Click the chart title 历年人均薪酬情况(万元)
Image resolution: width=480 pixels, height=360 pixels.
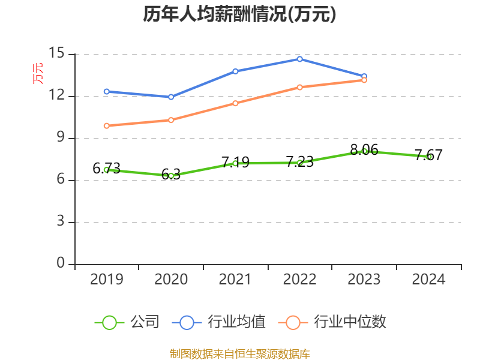tap(239, 14)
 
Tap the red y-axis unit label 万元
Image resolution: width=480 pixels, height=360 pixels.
tap(38, 73)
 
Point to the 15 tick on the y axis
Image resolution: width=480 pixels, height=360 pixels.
tap(57, 54)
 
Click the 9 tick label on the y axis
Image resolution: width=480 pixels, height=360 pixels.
tap(61, 138)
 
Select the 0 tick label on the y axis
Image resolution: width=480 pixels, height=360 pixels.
tap(61, 263)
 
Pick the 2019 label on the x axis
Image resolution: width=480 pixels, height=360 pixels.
tap(107, 280)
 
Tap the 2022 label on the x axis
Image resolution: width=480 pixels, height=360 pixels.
tap(299, 280)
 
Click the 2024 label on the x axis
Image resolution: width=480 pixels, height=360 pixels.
tap(428, 280)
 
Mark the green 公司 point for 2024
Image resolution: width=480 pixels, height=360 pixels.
tap(429, 157)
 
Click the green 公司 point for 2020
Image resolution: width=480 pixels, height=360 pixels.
tap(171, 176)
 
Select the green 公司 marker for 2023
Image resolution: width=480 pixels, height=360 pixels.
tap(364, 151)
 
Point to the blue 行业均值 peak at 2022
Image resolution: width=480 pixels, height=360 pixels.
tap(299, 59)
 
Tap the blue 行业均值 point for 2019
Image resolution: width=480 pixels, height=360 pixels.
tap(107, 91)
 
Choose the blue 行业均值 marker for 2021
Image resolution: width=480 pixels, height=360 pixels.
tap(235, 71)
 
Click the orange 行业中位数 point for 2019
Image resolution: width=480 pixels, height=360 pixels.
tap(107, 125)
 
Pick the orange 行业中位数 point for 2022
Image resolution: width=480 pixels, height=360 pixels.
tap(299, 87)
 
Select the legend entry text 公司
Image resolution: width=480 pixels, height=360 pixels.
tap(145, 322)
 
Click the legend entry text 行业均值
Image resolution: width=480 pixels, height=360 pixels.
tap(236, 322)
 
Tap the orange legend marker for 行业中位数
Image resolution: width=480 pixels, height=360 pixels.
tap(293, 322)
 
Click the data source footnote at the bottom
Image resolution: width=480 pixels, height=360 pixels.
tap(239, 353)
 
